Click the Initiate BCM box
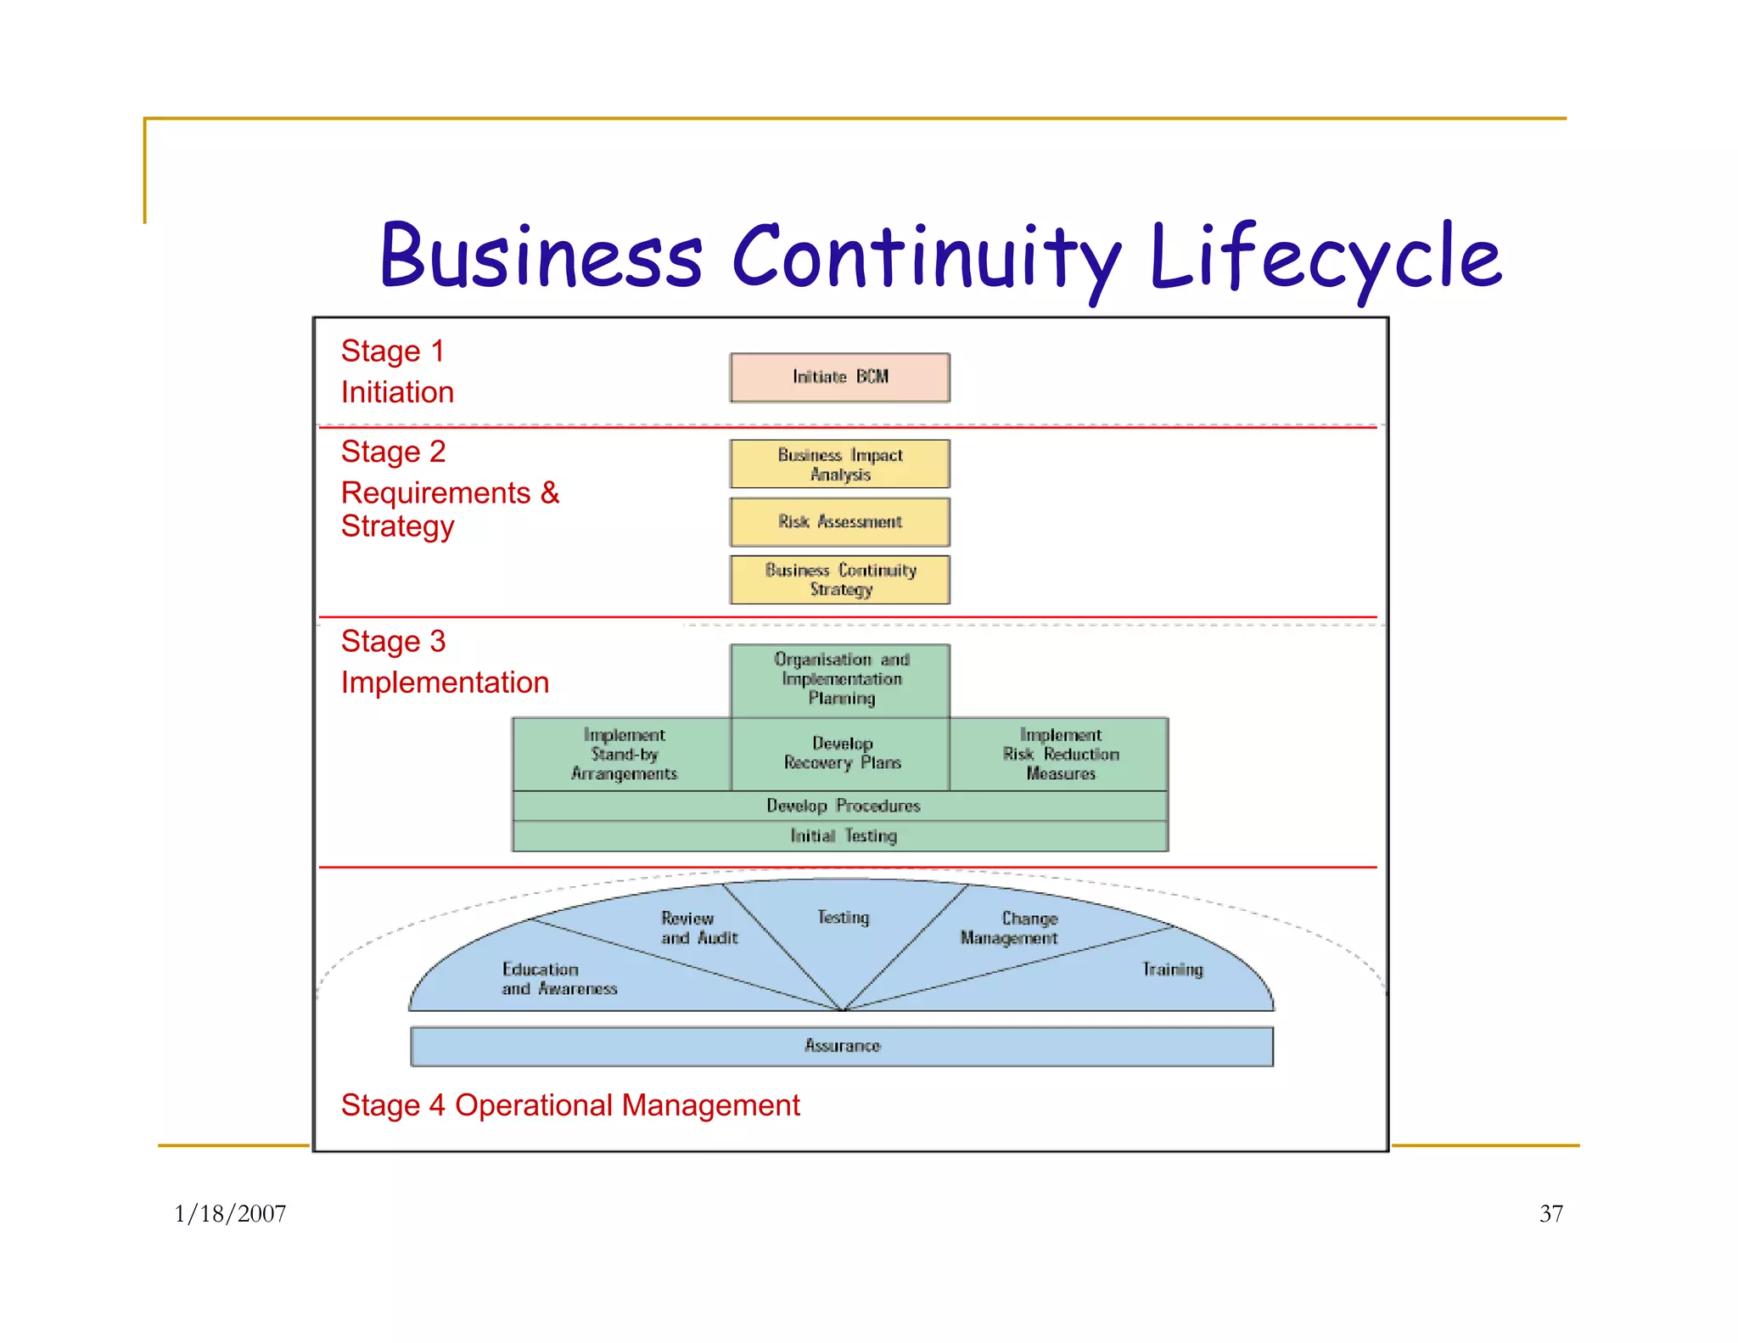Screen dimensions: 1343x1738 pyautogui.click(x=839, y=377)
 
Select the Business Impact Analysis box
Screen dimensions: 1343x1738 pyautogui.click(x=839, y=464)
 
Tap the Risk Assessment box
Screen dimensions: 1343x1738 pyautogui.click(x=839, y=521)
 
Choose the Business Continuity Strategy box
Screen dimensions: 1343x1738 pyautogui.click(x=839, y=580)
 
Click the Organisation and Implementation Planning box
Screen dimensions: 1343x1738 pyautogui.click(x=840, y=679)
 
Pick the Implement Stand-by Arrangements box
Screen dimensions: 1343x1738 pyautogui.click(x=623, y=754)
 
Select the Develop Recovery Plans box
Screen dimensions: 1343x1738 pyautogui.click(x=841, y=753)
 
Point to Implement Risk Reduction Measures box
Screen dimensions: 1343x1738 pyautogui.click(x=1059, y=754)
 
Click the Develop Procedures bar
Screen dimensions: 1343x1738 pyautogui.click(x=841, y=806)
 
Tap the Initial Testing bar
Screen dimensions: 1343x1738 pyautogui.click(x=841, y=836)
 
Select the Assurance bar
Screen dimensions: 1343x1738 pyautogui.click(x=841, y=1046)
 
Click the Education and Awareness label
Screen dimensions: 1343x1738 pyautogui.click(x=558, y=979)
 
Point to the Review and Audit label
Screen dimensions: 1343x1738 pyautogui.click(x=698, y=928)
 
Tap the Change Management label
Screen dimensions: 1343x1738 pyautogui.click(x=1009, y=928)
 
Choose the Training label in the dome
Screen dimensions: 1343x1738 pyautogui.click(x=1172, y=969)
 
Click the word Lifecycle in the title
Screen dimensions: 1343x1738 pyautogui.click(x=1325, y=256)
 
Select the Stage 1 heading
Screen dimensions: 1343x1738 pyautogui.click(x=392, y=351)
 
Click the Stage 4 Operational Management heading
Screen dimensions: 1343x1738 pyautogui.click(x=569, y=1105)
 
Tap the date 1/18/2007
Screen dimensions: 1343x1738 pyautogui.click(x=230, y=1214)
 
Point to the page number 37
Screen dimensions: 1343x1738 pyautogui.click(x=1550, y=1214)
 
